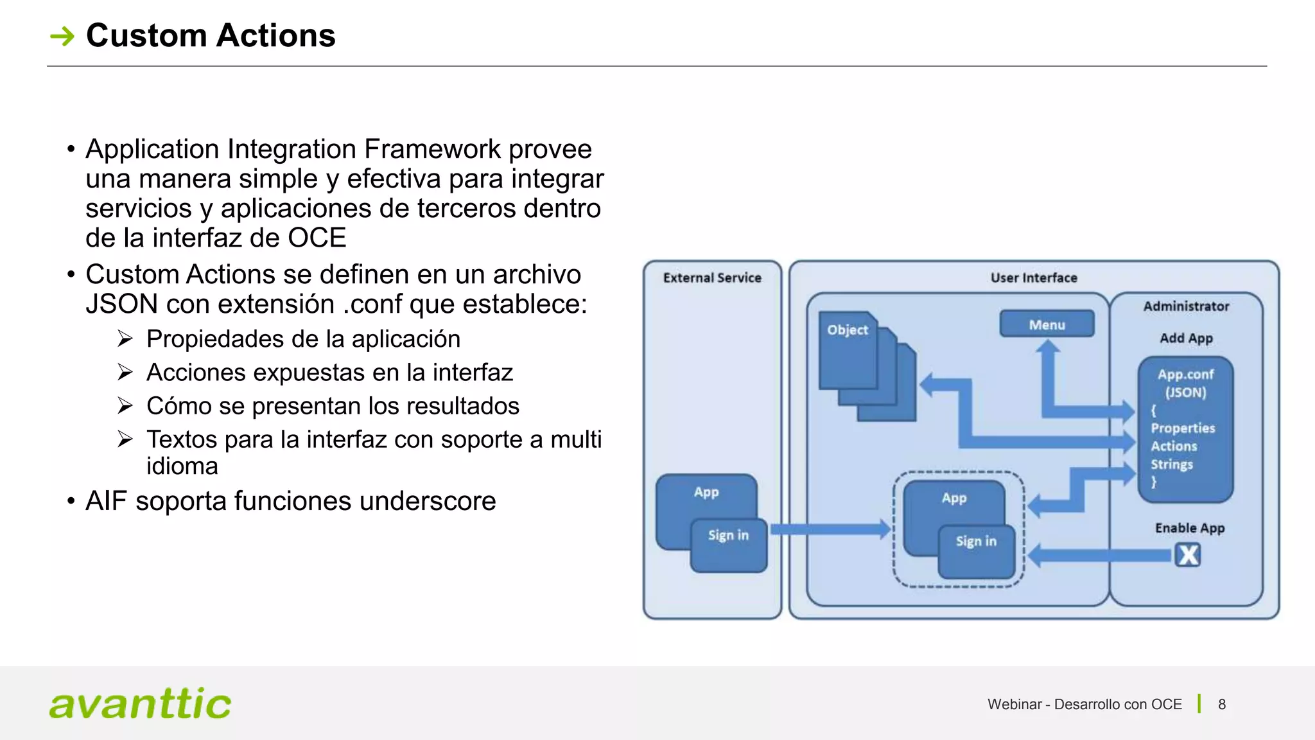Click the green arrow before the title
[x=62, y=36]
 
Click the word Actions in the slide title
[x=275, y=35]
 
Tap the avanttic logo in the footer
[x=140, y=704]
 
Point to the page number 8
[x=1221, y=705]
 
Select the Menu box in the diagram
[x=1047, y=324]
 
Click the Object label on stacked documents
[x=847, y=330]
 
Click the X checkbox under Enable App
[x=1188, y=554]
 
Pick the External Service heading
[x=711, y=277]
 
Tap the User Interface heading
[x=1033, y=277]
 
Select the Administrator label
[x=1185, y=306]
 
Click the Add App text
[x=1185, y=338]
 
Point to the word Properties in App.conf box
[x=1182, y=428]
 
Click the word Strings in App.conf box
[x=1171, y=464]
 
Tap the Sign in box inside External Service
[x=728, y=544]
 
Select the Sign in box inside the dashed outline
[x=976, y=550]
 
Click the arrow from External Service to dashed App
[x=828, y=529]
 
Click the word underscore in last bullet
[x=431, y=501]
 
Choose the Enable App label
[x=1189, y=527]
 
